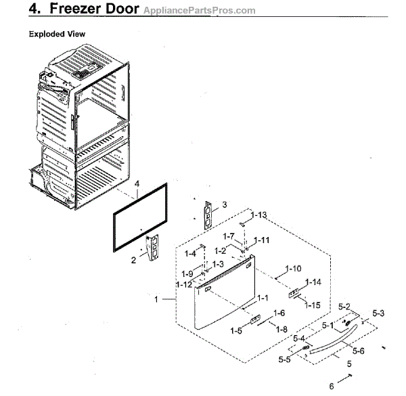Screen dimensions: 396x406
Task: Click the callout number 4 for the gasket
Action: point(137,183)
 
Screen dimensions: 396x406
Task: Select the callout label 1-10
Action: point(292,269)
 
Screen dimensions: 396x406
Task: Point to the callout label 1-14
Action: point(313,282)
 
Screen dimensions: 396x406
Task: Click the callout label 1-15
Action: point(312,305)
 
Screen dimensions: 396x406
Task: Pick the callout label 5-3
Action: point(378,313)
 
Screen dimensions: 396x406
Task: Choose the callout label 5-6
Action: point(358,351)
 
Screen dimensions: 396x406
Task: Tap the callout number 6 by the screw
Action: point(332,387)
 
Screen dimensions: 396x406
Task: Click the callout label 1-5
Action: point(236,331)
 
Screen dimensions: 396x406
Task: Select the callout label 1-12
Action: point(183,284)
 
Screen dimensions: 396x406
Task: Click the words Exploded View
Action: point(56,34)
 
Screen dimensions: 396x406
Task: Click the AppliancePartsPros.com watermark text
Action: point(200,11)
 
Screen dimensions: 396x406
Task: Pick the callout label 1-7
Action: point(229,236)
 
